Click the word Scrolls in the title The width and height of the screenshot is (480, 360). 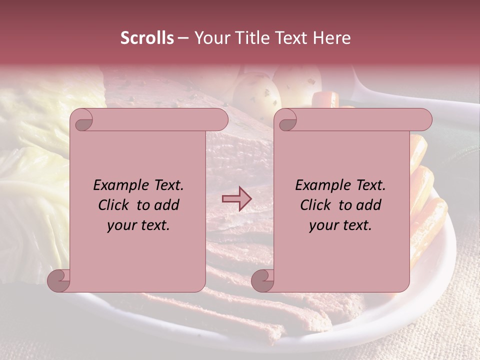tap(147, 38)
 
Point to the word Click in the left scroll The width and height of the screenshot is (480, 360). tap(114, 205)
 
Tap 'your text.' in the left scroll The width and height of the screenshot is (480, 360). tap(138, 225)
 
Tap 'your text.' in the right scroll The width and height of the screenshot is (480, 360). tap(340, 225)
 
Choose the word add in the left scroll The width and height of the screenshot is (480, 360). tap(167, 205)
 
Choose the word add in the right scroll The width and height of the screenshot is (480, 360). tap(369, 205)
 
